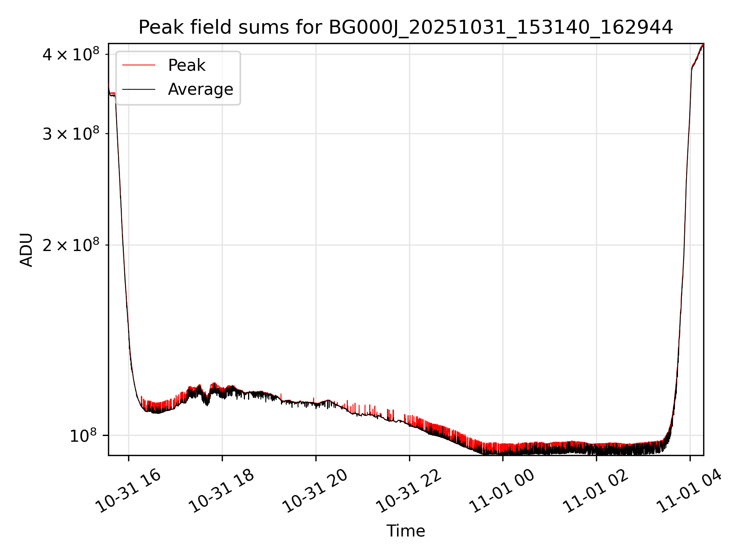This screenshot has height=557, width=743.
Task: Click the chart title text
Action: tap(406, 27)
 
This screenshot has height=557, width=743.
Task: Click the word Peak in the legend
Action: tap(187, 65)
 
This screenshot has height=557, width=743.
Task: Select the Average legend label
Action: tap(200, 89)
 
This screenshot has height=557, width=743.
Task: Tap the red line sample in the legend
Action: tap(139, 65)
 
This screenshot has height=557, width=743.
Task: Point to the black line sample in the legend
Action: tap(139, 89)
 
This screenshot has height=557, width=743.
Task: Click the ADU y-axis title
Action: tap(26, 249)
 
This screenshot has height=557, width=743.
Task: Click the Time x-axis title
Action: tap(406, 531)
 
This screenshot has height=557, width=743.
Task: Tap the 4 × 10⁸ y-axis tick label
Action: tap(70, 54)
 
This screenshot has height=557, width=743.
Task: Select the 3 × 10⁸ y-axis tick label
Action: tap(70, 134)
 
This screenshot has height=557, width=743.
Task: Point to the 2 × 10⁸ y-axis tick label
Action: tap(70, 245)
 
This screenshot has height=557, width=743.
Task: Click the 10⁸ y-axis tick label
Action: tap(83, 436)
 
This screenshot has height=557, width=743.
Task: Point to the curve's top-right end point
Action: tap(703, 44)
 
